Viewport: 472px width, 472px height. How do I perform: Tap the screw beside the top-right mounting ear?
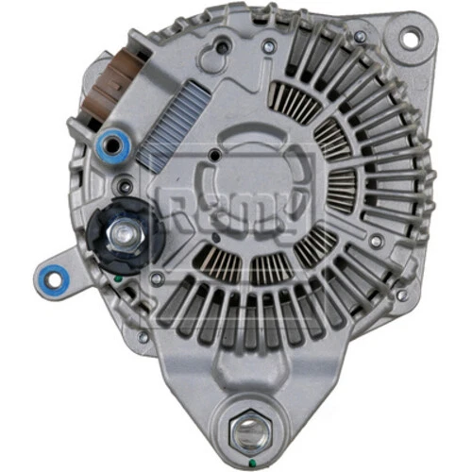[360, 39]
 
